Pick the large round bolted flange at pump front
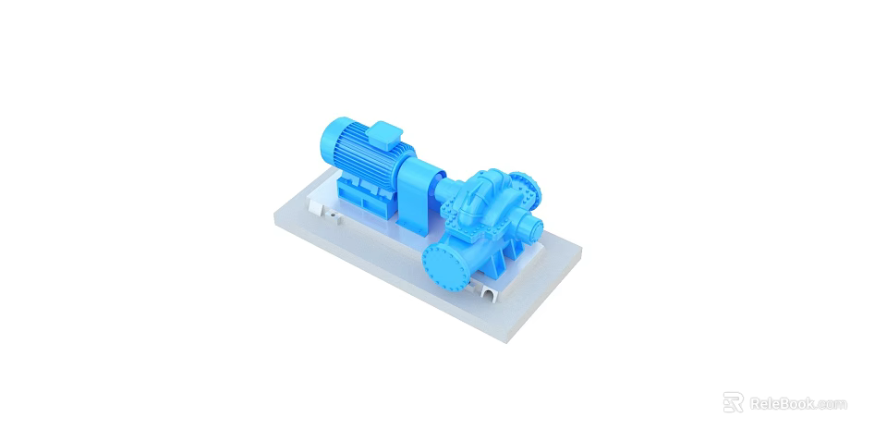point(447,263)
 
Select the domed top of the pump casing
point(487,181)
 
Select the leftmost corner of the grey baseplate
point(274,218)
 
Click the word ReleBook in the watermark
point(781,403)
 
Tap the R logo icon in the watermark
point(733,402)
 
